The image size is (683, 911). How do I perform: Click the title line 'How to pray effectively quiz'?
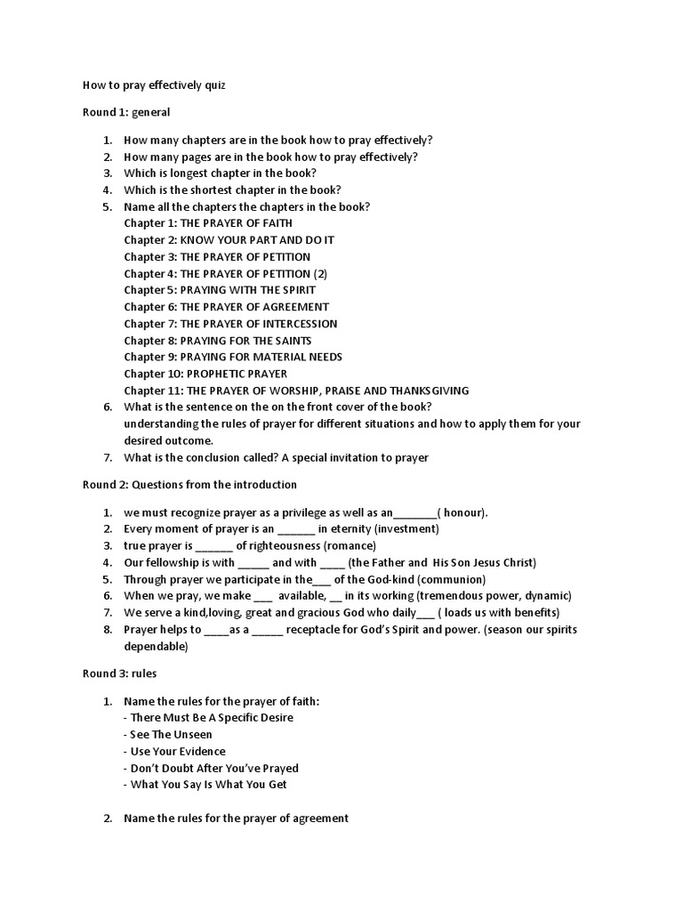click(x=148, y=86)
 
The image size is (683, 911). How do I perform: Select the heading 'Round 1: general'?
click(x=126, y=113)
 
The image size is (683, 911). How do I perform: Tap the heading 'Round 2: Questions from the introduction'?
click(x=189, y=485)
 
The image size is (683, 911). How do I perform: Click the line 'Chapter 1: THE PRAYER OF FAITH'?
click(x=208, y=223)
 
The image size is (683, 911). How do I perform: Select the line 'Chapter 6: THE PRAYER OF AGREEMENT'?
click(x=227, y=307)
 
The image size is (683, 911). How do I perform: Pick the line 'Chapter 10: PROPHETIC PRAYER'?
click(x=205, y=374)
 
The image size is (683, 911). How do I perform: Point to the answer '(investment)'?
click(x=406, y=529)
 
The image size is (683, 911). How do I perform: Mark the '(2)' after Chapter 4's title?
click(x=321, y=274)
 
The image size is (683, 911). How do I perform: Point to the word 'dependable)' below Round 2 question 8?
click(x=156, y=647)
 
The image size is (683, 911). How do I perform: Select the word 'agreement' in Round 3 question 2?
click(x=323, y=818)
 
